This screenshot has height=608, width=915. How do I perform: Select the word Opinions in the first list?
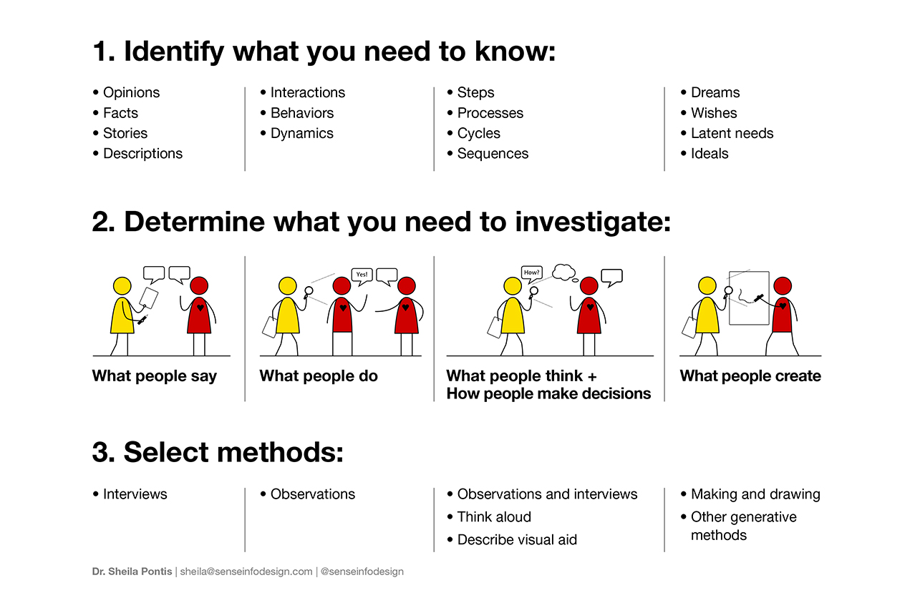click(131, 93)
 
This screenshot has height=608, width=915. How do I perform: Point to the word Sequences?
click(493, 154)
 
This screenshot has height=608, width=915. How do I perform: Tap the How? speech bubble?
click(532, 273)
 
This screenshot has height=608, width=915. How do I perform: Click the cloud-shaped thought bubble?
click(563, 273)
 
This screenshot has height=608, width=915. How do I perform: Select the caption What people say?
click(155, 376)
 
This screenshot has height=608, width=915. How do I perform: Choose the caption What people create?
click(750, 376)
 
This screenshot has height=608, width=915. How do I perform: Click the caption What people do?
click(319, 376)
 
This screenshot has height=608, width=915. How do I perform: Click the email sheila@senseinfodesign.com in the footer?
click(246, 572)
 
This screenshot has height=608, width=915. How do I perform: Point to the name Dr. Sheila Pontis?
click(132, 572)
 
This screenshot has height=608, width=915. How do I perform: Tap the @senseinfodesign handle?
click(362, 572)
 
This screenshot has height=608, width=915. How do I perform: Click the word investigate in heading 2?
click(592, 222)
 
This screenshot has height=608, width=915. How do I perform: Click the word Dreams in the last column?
click(715, 92)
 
